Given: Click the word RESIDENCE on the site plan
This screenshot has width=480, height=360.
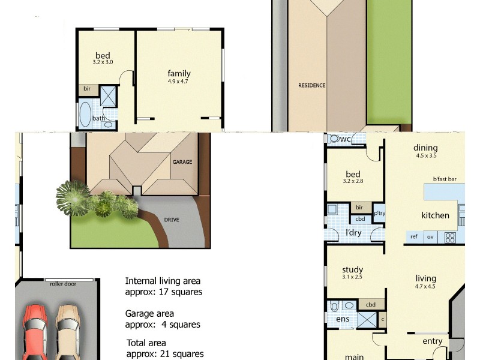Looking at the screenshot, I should point(312,85).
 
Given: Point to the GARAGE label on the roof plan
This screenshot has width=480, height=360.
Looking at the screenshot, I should point(182,163).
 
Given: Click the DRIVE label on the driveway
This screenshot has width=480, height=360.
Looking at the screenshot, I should point(172,220).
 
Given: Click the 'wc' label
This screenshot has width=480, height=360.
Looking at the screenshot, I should point(346,139).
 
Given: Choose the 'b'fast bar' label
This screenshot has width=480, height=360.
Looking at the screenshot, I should point(445,179).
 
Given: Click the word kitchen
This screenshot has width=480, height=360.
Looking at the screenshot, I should point(435,215).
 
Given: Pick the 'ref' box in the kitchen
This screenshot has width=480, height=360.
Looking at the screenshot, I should point(414,237).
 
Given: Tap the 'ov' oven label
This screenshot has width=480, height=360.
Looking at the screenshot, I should point(430,237).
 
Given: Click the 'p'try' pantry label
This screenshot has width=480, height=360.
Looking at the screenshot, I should point(379,213).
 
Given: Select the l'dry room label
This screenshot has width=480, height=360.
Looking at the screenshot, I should point(353,232).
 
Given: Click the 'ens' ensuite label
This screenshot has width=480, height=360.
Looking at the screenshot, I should point(343,319).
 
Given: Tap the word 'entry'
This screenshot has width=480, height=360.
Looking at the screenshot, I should point(432,341).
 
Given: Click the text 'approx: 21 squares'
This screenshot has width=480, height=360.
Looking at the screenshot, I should point(164,354).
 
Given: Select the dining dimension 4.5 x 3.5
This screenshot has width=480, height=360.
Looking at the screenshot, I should point(426,155).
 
